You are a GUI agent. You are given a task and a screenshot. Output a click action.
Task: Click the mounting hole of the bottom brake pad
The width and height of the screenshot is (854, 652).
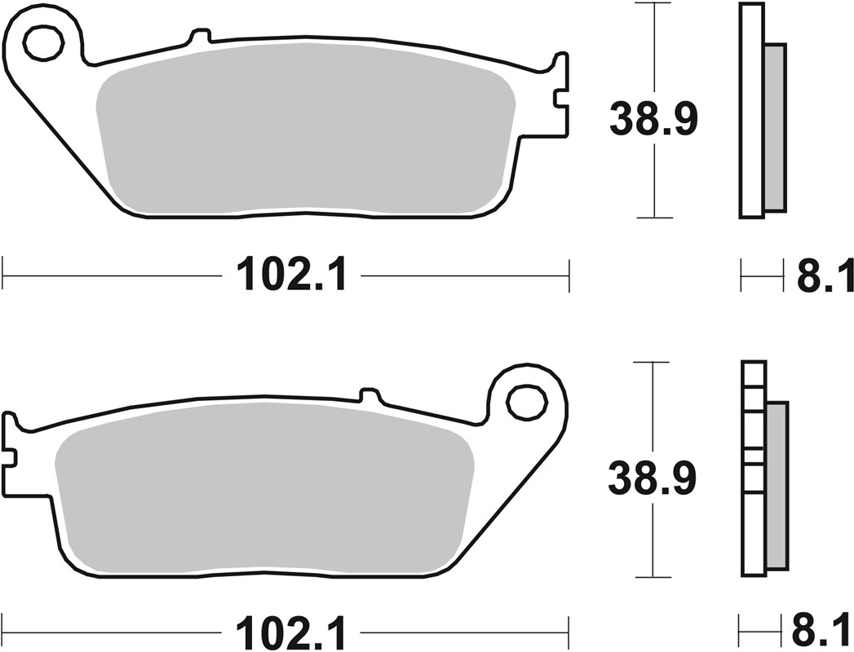click(525, 401)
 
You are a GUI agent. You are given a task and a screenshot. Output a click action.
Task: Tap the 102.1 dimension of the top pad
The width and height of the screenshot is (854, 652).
click(292, 275)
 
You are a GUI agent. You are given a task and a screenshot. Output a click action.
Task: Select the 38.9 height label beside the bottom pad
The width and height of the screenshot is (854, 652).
click(652, 480)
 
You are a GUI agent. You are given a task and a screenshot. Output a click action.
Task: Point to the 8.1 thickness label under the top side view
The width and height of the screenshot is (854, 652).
click(825, 277)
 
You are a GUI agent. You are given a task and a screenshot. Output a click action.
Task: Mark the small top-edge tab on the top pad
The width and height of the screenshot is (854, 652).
click(198, 36)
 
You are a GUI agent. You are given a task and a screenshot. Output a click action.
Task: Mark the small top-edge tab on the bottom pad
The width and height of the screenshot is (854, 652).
click(370, 397)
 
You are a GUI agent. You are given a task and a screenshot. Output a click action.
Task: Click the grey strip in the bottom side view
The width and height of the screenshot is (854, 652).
click(777, 485)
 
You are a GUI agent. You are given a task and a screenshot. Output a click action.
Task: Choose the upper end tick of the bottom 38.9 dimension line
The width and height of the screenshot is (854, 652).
click(653, 363)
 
